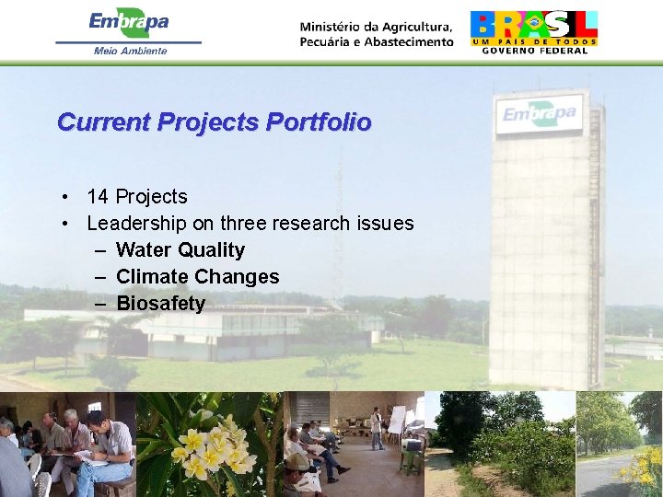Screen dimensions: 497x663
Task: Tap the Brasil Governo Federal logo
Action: pyautogui.click(x=533, y=31)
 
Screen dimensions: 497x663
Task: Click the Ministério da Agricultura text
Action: pyautogui.click(x=376, y=33)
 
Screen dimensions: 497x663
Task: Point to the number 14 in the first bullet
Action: pyautogui.click(x=97, y=197)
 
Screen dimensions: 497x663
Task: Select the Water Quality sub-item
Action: pyautogui.click(x=180, y=250)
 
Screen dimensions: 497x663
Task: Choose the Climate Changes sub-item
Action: pyautogui.click(x=197, y=277)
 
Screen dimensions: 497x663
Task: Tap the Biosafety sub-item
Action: pyautogui.click(x=160, y=304)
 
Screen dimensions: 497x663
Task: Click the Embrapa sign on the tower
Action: pyautogui.click(x=540, y=115)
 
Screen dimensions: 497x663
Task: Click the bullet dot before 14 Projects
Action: pyautogui.click(x=67, y=197)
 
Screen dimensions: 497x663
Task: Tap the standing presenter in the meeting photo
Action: pyautogui.click(x=376, y=428)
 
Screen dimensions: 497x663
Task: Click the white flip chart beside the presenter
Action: pyautogui.click(x=397, y=420)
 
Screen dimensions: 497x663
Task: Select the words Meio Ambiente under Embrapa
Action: pyautogui.click(x=130, y=51)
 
